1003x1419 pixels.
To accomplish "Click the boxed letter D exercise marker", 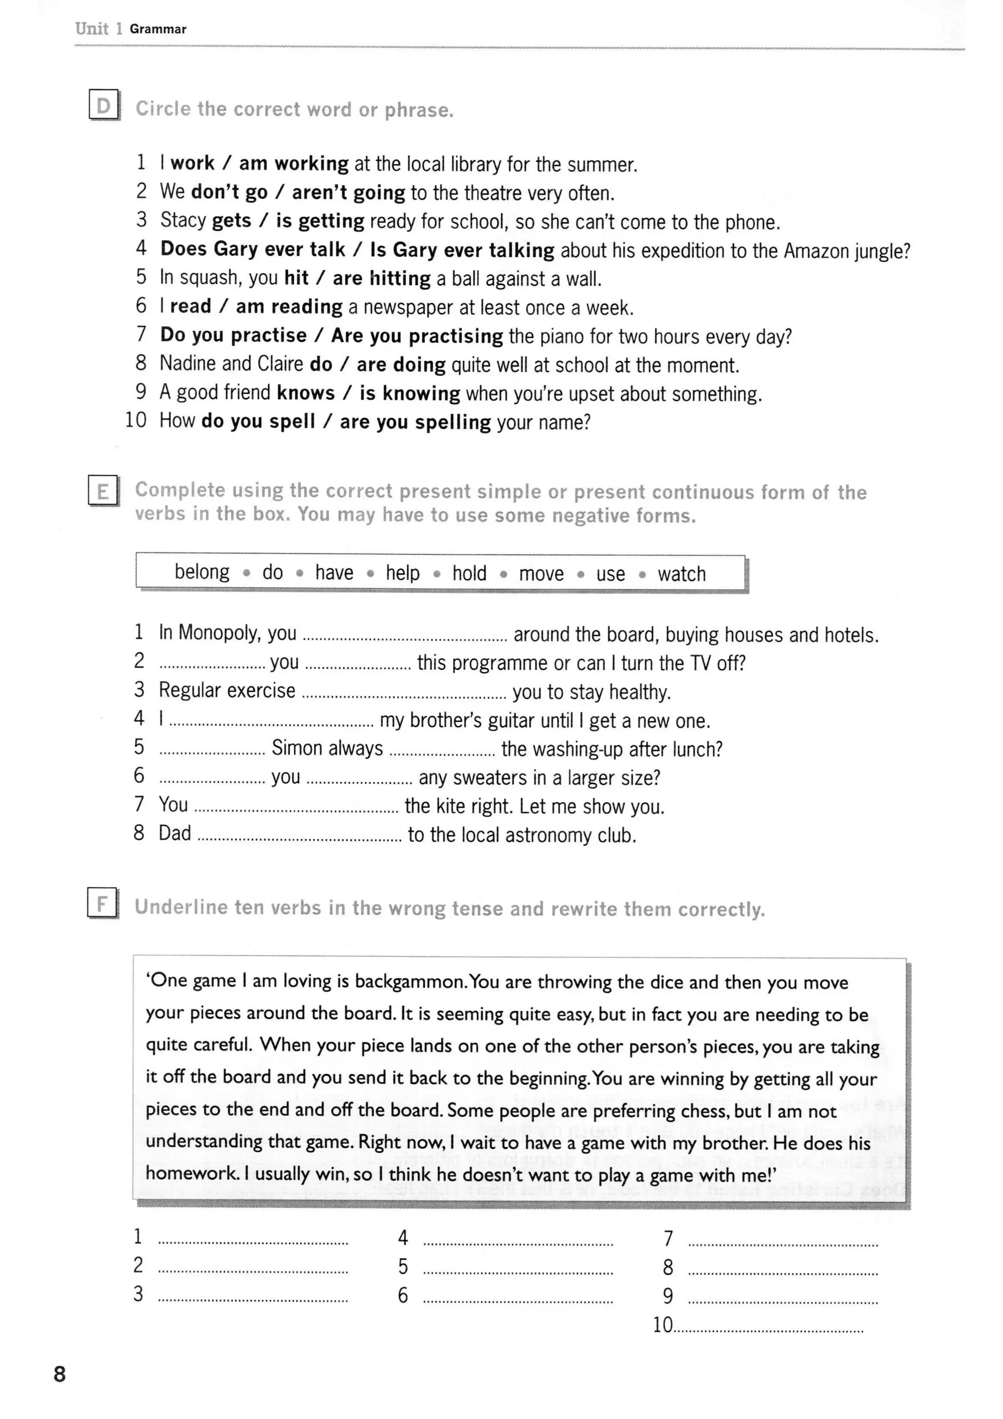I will (103, 106).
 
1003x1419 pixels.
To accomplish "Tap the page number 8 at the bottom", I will (60, 1374).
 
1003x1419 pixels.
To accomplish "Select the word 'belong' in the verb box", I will (202, 572).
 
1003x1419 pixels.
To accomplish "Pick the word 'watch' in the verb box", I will (681, 574).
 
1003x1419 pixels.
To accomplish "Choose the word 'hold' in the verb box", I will (469, 574).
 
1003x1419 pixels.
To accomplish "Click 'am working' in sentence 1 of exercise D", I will (294, 164).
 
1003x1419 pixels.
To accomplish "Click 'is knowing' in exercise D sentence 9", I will (410, 393).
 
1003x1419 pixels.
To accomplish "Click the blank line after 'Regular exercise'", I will (404, 697).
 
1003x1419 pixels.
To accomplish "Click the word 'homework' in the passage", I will (191, 1174).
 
